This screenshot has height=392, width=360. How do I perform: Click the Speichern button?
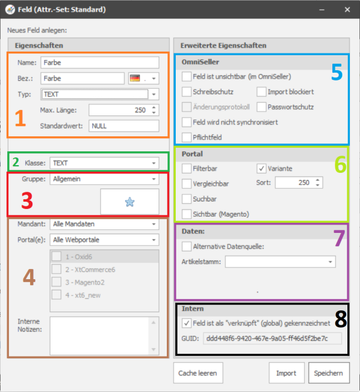329,373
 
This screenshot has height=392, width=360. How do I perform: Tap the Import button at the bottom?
287,373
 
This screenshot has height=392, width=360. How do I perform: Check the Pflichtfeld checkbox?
187,137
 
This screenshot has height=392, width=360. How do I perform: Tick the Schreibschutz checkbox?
187,92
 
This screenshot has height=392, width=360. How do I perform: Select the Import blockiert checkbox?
262,92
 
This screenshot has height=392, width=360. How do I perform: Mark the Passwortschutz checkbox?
262,107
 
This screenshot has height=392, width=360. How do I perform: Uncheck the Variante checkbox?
262,169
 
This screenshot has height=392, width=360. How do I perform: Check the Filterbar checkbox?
187,169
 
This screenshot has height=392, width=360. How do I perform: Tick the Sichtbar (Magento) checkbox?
187,214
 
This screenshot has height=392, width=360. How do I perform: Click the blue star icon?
130,202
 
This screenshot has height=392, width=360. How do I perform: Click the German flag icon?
135,78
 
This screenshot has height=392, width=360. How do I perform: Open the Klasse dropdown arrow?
154,163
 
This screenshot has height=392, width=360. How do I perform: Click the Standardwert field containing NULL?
124,125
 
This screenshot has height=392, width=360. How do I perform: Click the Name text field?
100,62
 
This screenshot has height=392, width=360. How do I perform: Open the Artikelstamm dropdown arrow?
330,262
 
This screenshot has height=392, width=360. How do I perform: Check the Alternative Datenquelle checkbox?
187,247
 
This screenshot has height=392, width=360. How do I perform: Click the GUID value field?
272,339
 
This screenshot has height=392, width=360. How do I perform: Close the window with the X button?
347,10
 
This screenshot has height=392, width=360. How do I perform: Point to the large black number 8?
341,319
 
